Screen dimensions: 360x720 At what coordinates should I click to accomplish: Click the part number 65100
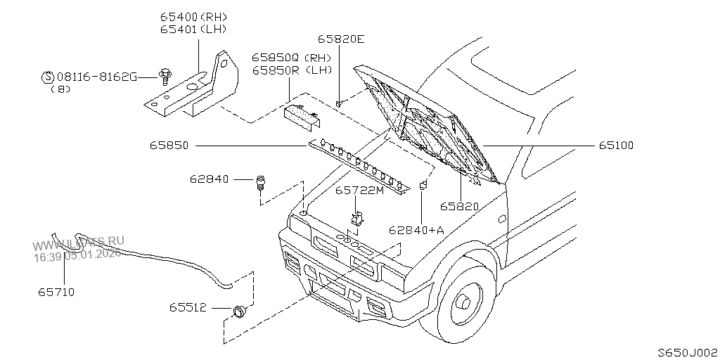[617, 146]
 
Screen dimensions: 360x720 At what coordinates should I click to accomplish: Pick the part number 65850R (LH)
[291, 70]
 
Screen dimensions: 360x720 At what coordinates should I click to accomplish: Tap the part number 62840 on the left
[209, 179]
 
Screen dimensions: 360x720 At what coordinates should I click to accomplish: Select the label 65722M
[359, 191]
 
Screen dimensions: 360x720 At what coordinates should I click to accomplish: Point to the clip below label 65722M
[357, 218]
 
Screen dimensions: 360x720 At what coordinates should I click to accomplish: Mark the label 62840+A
[417, 230]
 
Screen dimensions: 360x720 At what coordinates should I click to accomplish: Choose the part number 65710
[57, 291]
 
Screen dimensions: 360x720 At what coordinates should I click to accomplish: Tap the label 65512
[187, 307]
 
